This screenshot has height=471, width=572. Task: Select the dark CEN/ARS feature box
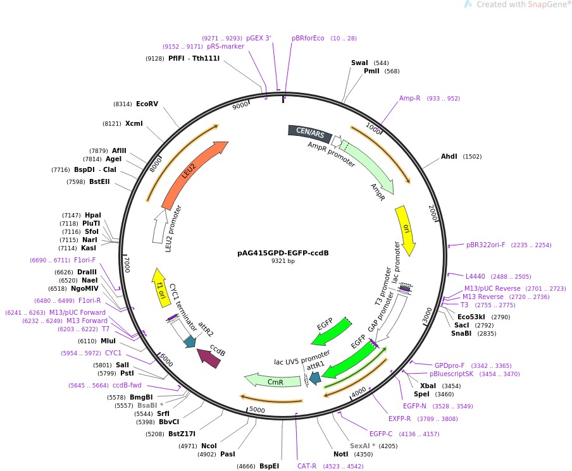click(x=310, y=133)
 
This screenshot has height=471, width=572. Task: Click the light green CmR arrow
click(x=273, y=381)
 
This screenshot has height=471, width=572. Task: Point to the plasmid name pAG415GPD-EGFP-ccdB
click(x=283, y=253)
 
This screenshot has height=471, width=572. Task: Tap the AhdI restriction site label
click(x=449, y=156)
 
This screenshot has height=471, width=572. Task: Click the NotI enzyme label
click(x=340, y=453)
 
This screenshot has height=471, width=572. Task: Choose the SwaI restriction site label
click(x=359, y=63)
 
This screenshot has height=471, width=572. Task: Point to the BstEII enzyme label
click(x=99, y=182)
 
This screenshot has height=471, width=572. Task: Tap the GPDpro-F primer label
click(x=449, y=365)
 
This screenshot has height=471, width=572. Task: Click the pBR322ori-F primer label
click(x=486, y=245)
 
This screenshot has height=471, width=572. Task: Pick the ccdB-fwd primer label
click(x=127, y=385)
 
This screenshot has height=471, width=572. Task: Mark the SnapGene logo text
click(x=523, y=4)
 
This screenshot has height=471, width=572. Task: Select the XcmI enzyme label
click(x=134, y=123)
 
